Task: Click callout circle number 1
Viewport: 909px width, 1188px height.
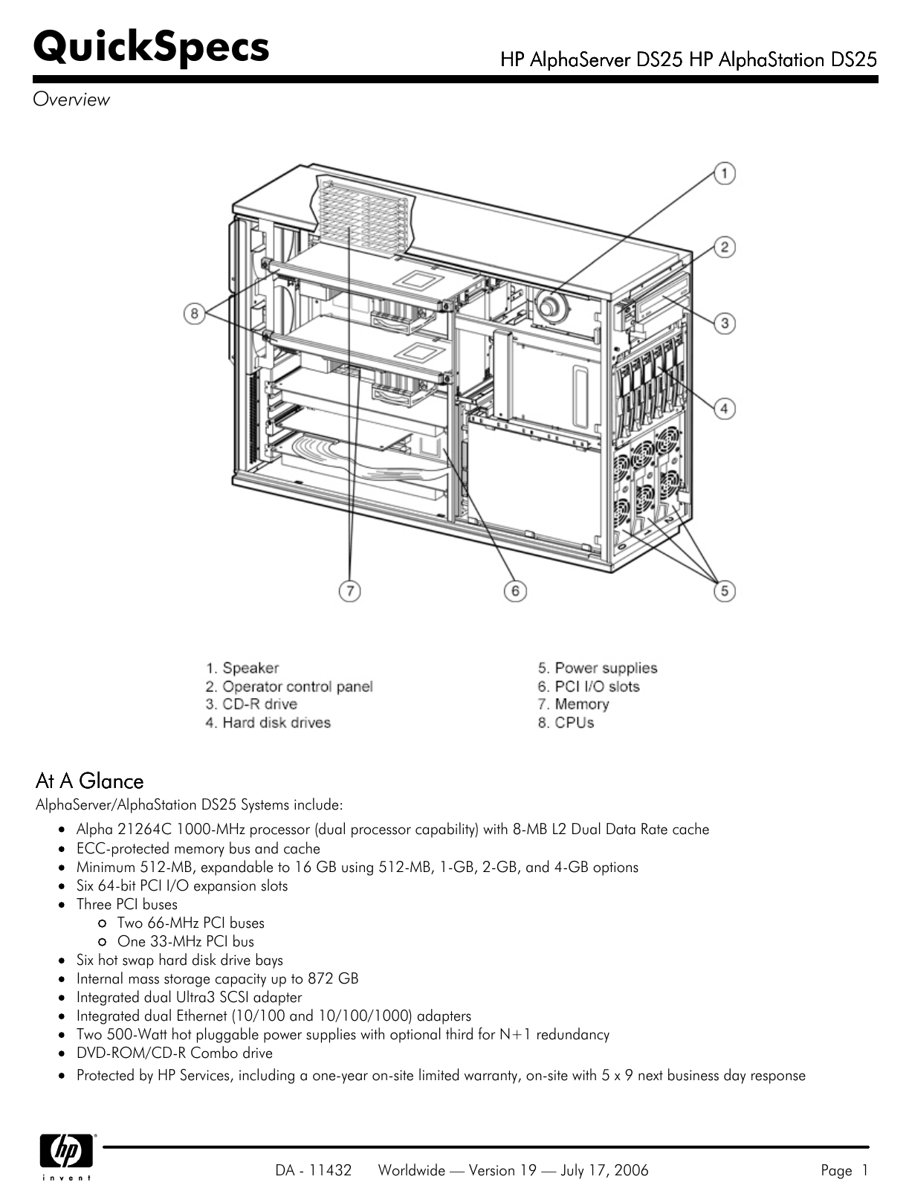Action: pos(724,174)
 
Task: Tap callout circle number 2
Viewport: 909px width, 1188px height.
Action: pos(724,247)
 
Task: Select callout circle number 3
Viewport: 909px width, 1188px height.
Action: pos(724,323)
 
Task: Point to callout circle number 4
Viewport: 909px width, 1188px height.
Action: pos(724,408)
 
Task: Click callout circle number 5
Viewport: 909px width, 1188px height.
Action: pos(724,591)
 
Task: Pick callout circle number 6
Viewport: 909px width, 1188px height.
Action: pos(514,591)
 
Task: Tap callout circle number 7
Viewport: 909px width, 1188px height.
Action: pos(349,591)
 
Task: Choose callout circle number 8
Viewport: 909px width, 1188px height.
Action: pos(194,313)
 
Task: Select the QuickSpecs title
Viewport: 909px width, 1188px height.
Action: pos(151,46)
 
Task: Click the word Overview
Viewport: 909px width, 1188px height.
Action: pos(71,100)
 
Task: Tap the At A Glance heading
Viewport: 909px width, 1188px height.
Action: pos(89,781)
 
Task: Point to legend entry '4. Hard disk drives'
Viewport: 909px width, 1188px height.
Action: pos(268,723)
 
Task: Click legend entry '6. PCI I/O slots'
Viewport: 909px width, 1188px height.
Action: pos(589,686)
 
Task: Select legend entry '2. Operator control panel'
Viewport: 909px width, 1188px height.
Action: pos(289,686)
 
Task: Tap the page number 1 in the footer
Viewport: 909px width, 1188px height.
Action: pos(864,1170)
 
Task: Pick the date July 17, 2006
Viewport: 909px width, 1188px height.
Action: pos(604,1170)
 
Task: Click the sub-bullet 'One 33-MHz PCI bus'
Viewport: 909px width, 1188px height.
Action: pos(185,941)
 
